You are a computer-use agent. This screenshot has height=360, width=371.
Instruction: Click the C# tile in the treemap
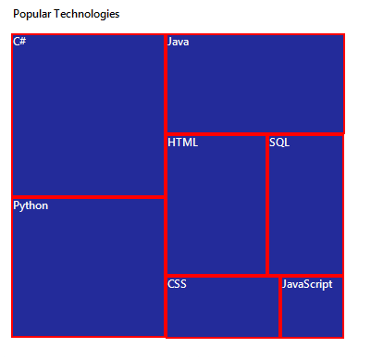click(88, 116)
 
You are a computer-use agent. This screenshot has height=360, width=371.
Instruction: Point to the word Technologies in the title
click(87, 15)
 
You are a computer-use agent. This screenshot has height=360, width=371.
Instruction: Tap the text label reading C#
click(19, 42)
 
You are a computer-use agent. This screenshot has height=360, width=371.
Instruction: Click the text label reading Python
click(31, 205)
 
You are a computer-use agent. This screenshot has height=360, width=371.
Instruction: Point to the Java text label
click(179, 42)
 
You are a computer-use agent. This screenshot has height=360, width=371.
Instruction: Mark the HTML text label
click(182, 143)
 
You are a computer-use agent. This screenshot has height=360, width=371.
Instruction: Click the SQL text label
click(279, 143)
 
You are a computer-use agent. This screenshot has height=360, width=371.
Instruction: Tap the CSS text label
click(178, 284)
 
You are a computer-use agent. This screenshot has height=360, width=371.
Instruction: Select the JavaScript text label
click(307, 284)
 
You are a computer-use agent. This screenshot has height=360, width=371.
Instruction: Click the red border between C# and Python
click(88, 196)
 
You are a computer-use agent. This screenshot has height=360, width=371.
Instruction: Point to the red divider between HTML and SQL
click(266, 205)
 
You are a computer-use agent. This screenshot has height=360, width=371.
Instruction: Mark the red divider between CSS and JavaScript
click(279, 307)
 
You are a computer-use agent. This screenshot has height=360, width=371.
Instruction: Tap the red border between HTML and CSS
click(216, 275)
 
